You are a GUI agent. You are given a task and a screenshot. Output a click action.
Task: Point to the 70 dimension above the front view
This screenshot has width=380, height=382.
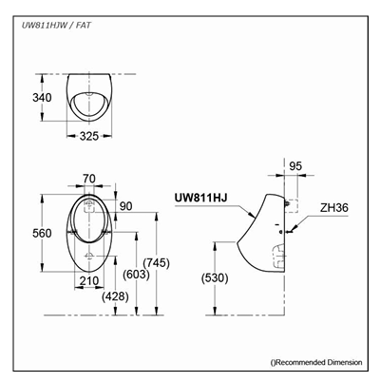(x=89, y=177)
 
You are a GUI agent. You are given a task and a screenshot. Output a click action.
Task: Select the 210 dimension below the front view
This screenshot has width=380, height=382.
(x=89, y=280)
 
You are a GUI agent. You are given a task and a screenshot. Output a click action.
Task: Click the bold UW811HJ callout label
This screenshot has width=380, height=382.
(x=200, y=200)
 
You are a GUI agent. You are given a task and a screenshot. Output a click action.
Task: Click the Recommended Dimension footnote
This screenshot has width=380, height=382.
(x=317, y=362)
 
